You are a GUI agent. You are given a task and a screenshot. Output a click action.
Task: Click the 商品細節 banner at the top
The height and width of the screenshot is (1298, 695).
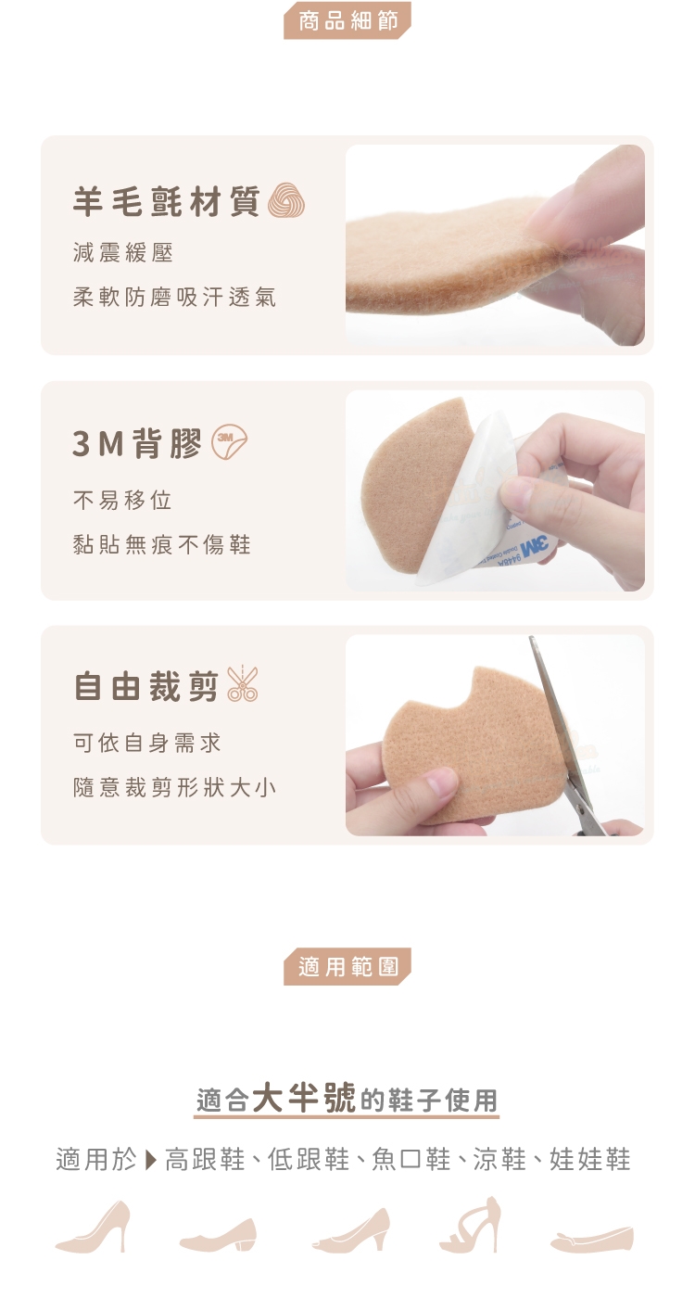click(x=347, y=20)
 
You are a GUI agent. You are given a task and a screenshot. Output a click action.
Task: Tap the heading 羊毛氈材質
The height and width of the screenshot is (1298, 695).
click(x=166, y=201)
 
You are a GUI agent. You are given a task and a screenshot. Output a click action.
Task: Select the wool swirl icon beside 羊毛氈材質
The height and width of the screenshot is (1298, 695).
click(x=286, y=200)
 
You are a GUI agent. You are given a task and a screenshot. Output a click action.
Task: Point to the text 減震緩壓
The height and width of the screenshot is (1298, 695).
click(x=122, y=252)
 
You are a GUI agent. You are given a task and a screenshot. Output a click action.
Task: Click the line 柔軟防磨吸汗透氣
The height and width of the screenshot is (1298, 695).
click(x=174, y=298)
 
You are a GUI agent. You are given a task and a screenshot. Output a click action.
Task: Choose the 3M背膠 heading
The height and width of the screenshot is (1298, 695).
click(x=137, y=443)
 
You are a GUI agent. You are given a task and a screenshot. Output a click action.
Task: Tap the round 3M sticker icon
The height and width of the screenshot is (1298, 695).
click(x=230, y=442)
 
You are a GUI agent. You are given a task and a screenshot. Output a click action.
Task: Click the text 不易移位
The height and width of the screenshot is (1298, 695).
click(x=122, y=500)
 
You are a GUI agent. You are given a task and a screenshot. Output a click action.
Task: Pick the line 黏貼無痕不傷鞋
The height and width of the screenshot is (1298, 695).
click(x=161, y=545)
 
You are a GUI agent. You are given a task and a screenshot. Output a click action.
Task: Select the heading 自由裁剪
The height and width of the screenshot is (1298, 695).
click(x=146, y=686)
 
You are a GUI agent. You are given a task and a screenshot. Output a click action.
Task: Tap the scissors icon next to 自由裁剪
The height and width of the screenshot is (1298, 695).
click(x=242, y=684)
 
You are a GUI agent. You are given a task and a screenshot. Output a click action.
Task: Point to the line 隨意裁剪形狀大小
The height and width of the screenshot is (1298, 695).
click(x=174, y=787)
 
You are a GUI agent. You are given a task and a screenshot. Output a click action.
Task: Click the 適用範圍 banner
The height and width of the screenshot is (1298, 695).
click(x=347, y=966)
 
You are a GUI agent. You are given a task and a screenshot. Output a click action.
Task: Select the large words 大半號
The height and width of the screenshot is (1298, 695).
click(x=304, y=1097)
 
